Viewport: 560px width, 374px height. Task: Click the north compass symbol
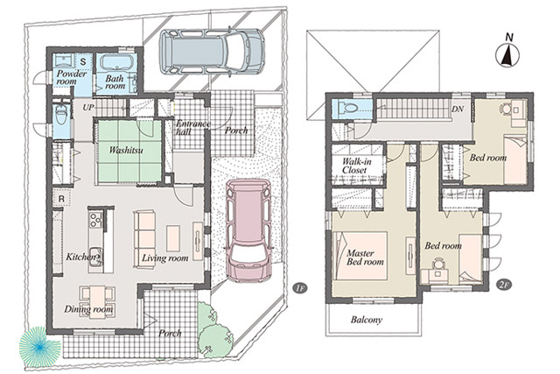pyautogui.click(x=507, y=54)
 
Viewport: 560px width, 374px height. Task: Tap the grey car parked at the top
pyautogui.click(x=212, y=52)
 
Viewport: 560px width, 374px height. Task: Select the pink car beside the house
pyautogui.click(x=248, y=230)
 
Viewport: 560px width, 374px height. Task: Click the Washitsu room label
pyautogui.click(x=126, y=150)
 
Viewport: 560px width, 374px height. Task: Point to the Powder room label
pyautogui.click(x=72, y=78)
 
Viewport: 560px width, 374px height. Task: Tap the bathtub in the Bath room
pyautogui.click(x=117, y=63)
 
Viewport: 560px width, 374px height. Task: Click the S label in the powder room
pyautogui.click(x=83, y=61)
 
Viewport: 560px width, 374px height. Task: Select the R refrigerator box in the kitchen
pyautogui.click(x=61, y=199)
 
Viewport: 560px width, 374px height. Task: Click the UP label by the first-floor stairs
pyautogui.click(x=88, y=107)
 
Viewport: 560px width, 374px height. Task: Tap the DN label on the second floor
pyautogui.click(x=458, y=109)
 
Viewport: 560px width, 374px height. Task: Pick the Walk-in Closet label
pyautogui.click(x=356, y=166)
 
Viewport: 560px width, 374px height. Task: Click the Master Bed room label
pyautogui.click(x=365, y=258)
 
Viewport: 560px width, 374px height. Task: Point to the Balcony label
pyautogui.click(x=367, y=320)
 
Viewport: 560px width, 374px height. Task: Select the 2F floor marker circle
pyautogui.click(x=504, y=285)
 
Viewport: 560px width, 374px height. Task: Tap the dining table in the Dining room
pyautogui.click(x=97, y=300)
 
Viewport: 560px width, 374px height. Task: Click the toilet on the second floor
pyautogui.click(x=348, y=107)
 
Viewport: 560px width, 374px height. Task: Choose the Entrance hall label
pyautogui.click(x=193, y=128)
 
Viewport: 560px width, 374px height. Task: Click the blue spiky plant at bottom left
pyautogui.click(x=39, y=347)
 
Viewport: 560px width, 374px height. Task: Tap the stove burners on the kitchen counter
pyautogui.click(x=95, y=220)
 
